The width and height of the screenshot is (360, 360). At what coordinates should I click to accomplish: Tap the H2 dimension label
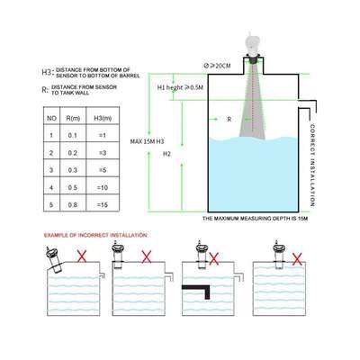pyautogui.click(x=166, y=154)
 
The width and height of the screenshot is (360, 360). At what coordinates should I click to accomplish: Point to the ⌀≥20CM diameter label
pyautogui.click(x=220, y=65)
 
